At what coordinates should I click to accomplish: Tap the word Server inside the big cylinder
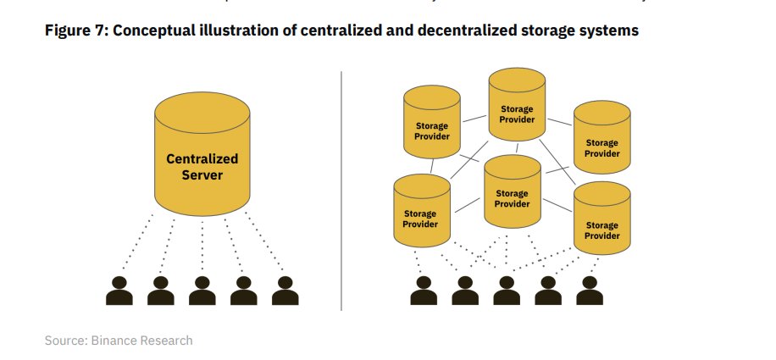point(202,175)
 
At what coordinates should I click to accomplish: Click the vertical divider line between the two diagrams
point(341,191)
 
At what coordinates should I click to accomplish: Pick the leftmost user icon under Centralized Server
point(119,290)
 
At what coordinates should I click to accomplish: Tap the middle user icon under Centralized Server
point(202,290)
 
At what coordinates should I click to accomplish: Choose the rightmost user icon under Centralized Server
point(285,290)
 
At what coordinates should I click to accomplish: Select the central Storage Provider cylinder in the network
point(512,193)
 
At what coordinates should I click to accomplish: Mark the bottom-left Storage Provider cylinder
point(421,212)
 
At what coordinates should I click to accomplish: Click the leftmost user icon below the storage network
point(423,290)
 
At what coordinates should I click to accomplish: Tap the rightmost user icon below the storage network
point(589,290)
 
